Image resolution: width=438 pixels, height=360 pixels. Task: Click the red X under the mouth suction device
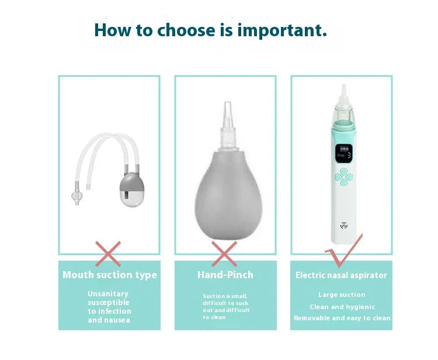point(108,254)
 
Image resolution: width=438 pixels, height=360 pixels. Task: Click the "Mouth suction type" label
point(109,275)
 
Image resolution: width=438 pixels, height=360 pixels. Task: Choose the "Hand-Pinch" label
point(225,275)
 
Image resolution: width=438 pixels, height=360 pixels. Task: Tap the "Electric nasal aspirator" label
point(341,275)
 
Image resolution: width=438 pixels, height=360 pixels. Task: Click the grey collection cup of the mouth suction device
point(129,188)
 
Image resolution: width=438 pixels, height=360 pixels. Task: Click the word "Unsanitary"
point(108,293)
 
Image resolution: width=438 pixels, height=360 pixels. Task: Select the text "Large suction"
point(342,295)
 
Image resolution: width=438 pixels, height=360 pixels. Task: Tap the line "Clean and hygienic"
point(342,307)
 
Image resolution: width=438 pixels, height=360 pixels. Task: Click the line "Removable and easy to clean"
point(342,318)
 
